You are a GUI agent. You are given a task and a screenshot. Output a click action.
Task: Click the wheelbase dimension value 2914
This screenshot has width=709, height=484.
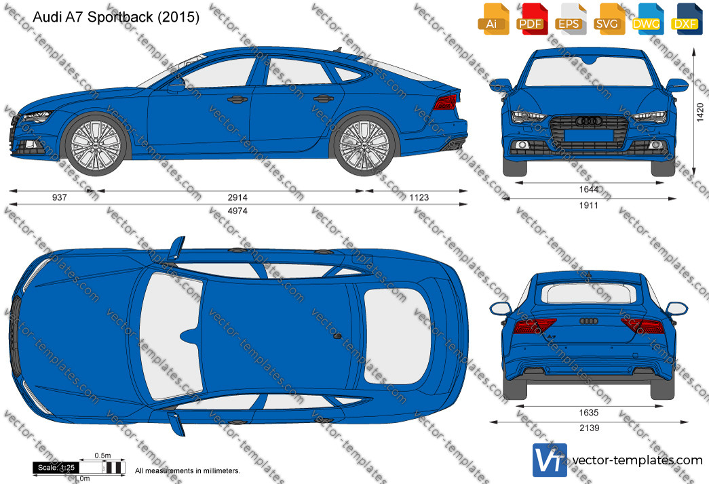pyautogui.click(x=237, y=197)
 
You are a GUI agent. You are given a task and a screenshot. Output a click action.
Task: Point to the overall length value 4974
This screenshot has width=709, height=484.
pyautogui.click(x=237, y=211)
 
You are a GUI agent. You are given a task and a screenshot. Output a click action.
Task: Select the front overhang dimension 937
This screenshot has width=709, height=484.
pyautogui.click(x=59, y=197)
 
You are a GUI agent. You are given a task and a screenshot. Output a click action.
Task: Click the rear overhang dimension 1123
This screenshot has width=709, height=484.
pyautogui.click(x=419, y=197)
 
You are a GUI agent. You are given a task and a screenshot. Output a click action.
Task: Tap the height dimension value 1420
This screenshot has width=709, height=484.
pyautogui.click(x=700, y=112)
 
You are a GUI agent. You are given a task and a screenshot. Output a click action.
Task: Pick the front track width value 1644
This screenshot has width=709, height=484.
pyautogui.click(x=589, y=189)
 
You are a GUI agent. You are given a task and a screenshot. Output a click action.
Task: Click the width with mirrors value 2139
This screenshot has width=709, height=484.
pyautogui.click(x=589, y=428)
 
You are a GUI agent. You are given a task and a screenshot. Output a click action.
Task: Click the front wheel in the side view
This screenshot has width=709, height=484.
pyautogui.click(x=96, y=144)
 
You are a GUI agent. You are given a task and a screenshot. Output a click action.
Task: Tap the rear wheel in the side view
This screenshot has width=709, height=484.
pyautogui.click(x=364, y=144)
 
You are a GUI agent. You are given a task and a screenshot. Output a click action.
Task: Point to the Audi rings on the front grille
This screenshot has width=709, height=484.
pyautogui.click(x=589, y=121)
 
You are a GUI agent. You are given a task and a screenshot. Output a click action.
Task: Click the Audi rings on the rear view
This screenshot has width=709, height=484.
pyautogui.click(x=589, y=321)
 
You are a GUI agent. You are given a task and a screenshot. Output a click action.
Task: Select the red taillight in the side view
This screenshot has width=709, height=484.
pyautogui.click(x=445, y=102)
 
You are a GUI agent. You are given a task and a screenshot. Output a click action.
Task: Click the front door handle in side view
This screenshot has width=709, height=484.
pyautogui.click(x=237, y=100)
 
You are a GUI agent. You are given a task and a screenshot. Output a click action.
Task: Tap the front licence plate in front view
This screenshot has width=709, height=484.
pyautogui.click(x=589, y=135)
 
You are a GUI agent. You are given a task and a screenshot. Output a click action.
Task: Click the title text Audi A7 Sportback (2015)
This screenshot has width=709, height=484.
pyautogui.click(x=116, y=17)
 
